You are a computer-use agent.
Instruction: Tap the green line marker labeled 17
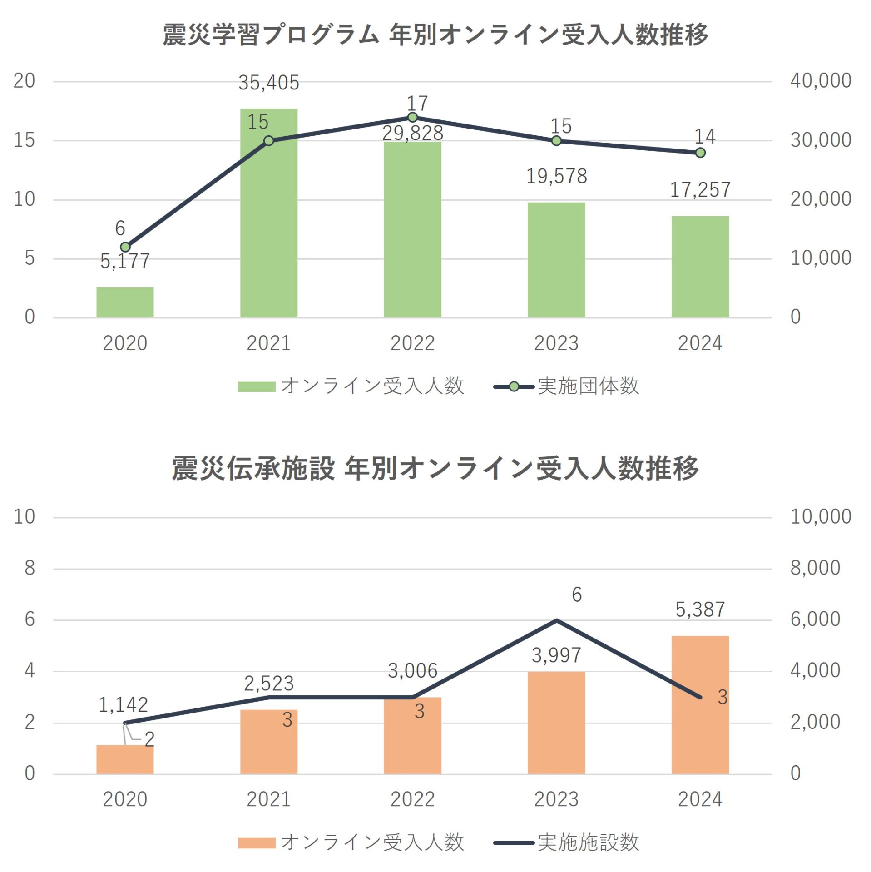point(412,118)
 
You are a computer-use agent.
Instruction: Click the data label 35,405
point(268,83)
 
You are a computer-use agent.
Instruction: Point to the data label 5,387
point(700,609)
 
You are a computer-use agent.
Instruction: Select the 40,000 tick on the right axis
point(820,81)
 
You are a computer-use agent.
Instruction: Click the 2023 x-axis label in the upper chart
point(556,343)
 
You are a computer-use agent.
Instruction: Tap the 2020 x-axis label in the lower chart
point(125,799)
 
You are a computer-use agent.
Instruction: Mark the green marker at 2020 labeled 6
point(125,247)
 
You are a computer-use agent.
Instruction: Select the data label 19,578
point(556,176)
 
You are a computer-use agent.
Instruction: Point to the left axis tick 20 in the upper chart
point(24,81)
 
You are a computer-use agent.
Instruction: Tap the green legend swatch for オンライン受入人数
point(257,386)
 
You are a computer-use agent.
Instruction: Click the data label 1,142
point(123,705)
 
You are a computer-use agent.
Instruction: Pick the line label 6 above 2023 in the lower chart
point(576,595)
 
